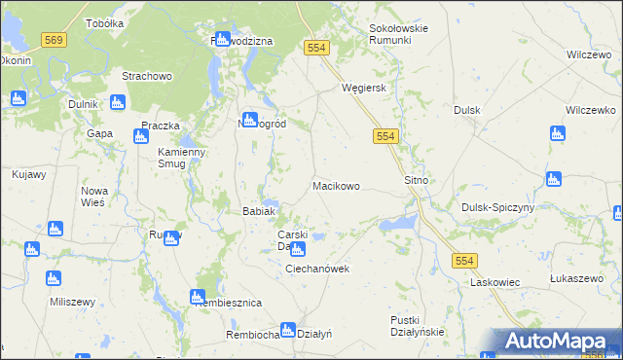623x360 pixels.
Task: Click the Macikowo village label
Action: point(336,185)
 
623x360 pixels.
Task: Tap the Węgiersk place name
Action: point(365,88)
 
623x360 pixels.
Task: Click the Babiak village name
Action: point(260,211)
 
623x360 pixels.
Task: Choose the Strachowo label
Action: point(146,76)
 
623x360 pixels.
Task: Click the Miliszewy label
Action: point(72,302)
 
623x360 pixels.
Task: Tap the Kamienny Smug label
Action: point(182,158)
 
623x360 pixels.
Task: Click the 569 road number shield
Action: point(54,39)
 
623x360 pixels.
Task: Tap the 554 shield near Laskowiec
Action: point(464,260)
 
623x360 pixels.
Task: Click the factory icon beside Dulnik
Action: point(118,102)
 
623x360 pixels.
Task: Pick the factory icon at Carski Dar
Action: point(297,250)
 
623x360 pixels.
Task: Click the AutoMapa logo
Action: point(558,341)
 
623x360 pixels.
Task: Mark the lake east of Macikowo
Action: point(397,226)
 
